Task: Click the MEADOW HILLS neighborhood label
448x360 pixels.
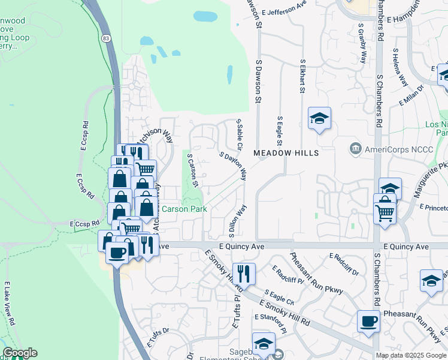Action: point(286,153)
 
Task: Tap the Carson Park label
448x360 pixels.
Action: point(184,209)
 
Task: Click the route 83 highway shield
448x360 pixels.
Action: point(106,38)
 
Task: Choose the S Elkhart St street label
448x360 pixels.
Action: point(302,76)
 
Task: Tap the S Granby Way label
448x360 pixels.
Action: point(362,44)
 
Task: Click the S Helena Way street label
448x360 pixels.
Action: point(400,68)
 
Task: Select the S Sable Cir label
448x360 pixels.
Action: point(240,134)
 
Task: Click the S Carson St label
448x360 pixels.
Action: point(193,170)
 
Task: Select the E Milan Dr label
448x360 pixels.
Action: point(411,94)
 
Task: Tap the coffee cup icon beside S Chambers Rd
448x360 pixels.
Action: point(368,321)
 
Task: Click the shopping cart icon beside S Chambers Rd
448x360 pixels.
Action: point(385,212)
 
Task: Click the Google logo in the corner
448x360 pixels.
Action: point(20,353)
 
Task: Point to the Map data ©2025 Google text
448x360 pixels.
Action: point(411,355)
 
